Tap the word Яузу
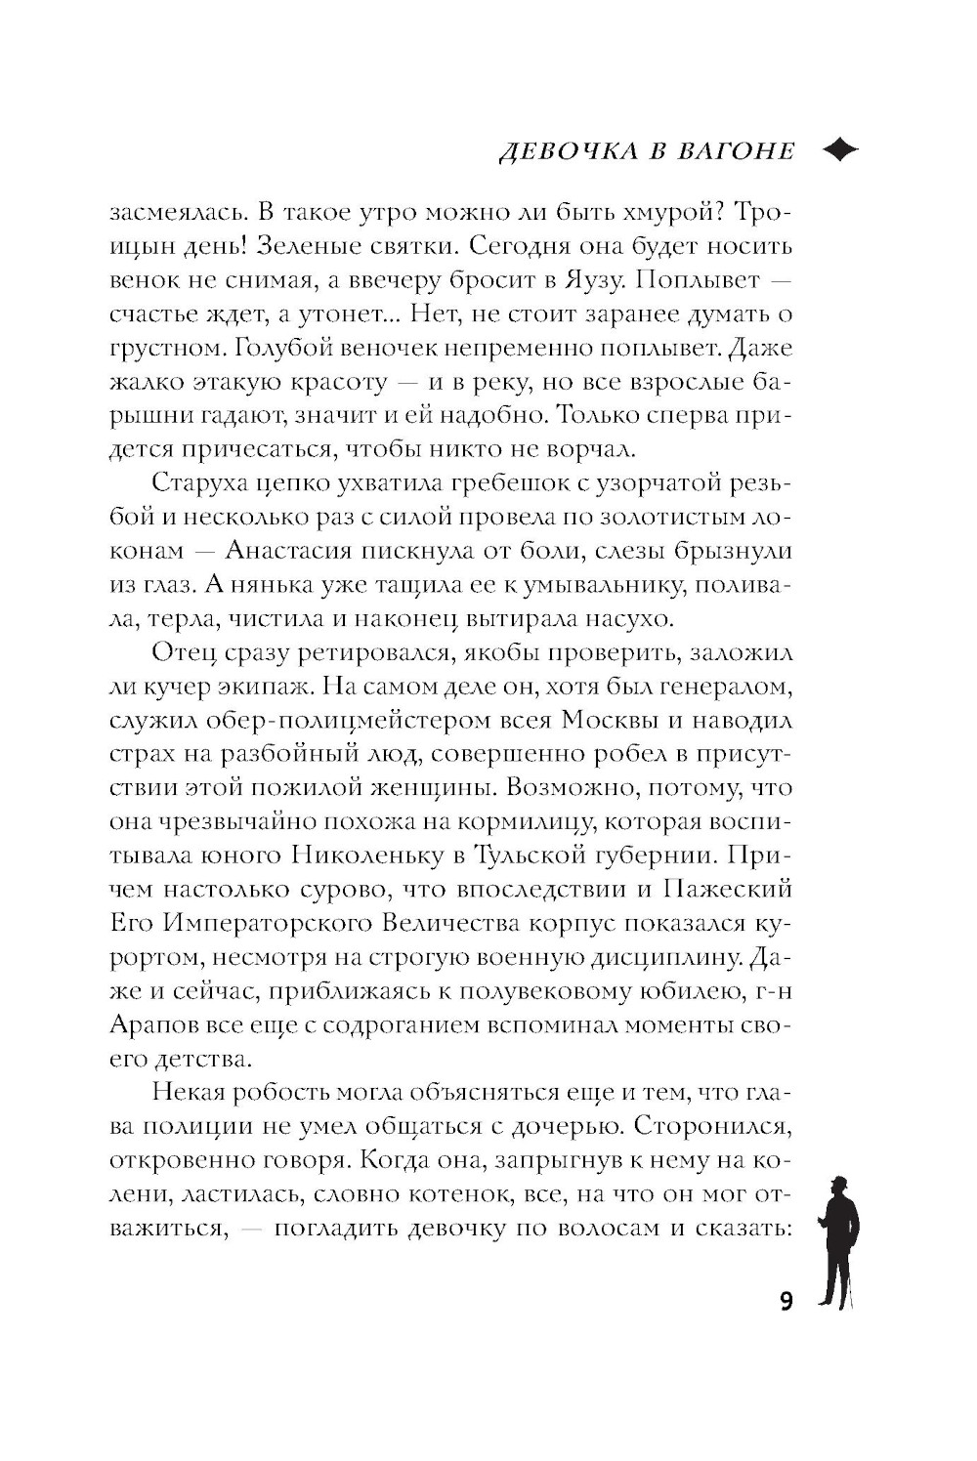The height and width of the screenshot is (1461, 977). [592, 279]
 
